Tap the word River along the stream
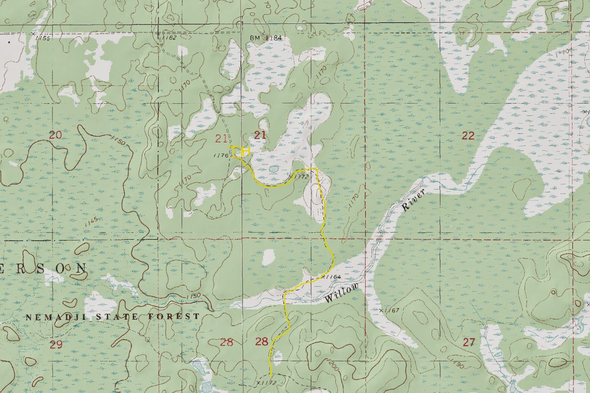point(414,200)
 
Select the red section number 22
point(468,136)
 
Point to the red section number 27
point(469,342)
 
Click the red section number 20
point(55,135)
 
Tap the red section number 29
point(56,345)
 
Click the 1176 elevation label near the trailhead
point(221,156)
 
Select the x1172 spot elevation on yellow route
point(300,177)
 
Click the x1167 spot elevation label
point(389,310)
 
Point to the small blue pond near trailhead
point(273,169)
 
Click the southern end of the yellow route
point(271,375)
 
